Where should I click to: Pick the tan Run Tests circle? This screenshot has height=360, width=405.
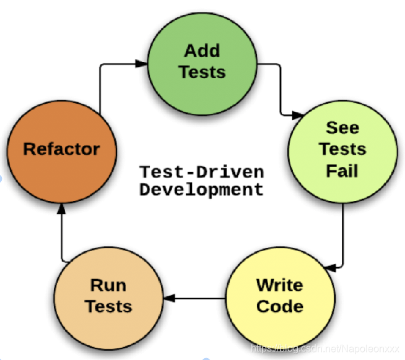[x=109, y=296]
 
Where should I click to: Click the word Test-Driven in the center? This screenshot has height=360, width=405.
[x=201, y=172]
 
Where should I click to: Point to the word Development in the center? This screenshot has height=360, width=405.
[x=201, y=189]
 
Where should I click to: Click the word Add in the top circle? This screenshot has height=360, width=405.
[x=202, y=51]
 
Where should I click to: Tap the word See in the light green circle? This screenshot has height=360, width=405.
[x=342, y=128]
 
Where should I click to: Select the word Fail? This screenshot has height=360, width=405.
[x=342, y=170]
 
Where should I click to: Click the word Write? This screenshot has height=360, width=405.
[x=279, y=285]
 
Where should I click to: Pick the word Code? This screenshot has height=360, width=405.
[x=279, y=306]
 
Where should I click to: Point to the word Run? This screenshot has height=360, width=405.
[x=109, y=285]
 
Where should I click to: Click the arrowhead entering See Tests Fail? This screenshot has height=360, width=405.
[x=297, y=114]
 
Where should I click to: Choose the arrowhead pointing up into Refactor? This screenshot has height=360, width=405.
[x=61, y=210]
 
